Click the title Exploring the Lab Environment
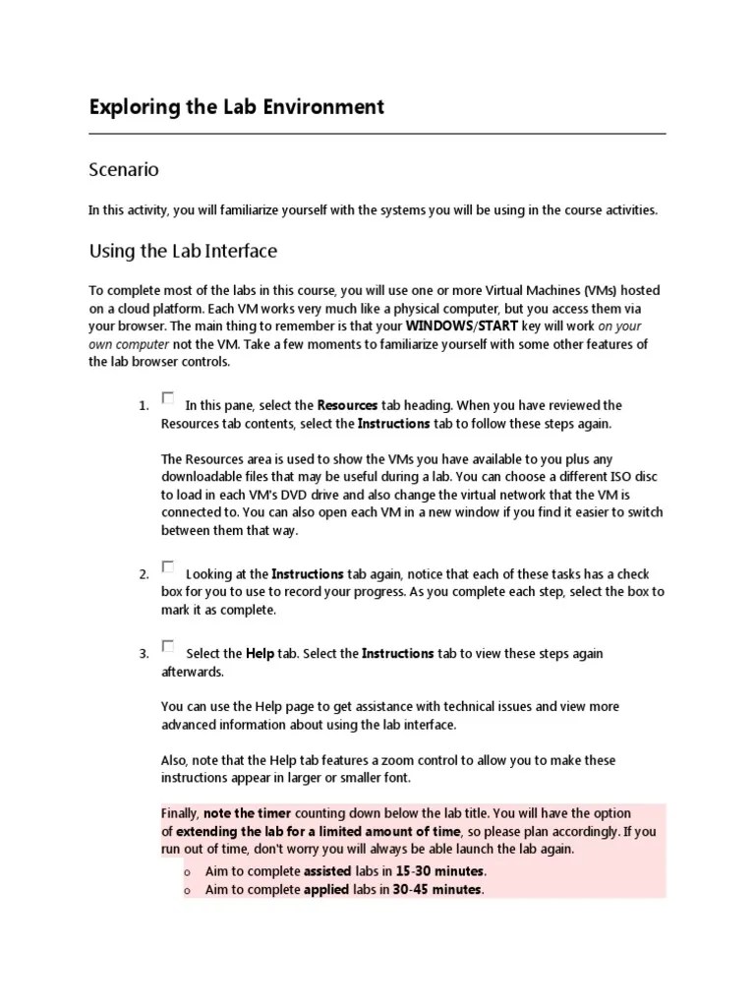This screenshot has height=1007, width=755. (x=236, y=107)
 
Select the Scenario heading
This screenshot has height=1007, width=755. (x=124, y=170)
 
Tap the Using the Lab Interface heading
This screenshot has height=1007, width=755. (x=183, y=251)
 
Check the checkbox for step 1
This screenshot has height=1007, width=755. (x=168, y=398)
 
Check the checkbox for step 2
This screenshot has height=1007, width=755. (x=168, y=567)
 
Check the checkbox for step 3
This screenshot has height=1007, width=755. (x=168, y=646)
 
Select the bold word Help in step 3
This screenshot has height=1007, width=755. (x=260, y=653)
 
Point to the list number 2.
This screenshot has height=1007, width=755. (x=144, y=574)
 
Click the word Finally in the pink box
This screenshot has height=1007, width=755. (x=180, y=814)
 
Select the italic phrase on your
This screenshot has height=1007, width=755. (x=620, y=326)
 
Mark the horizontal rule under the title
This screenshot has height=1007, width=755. (x=377, y=134)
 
